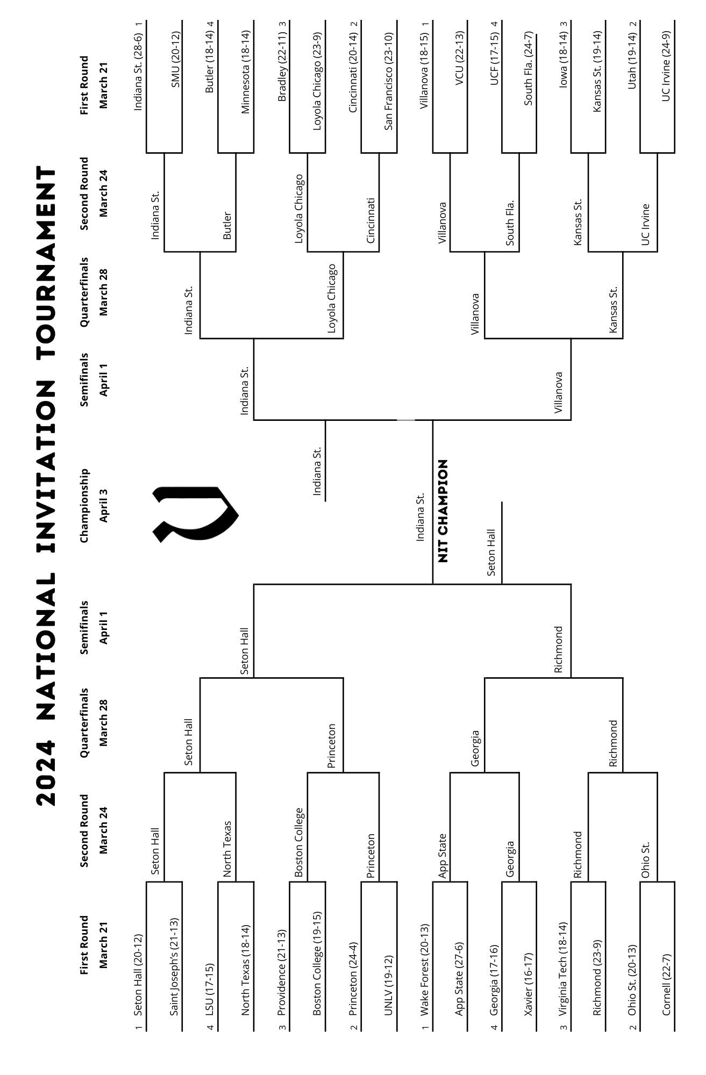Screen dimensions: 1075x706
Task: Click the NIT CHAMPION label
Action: (443, 511)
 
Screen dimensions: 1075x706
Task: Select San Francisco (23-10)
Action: (389, 81)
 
